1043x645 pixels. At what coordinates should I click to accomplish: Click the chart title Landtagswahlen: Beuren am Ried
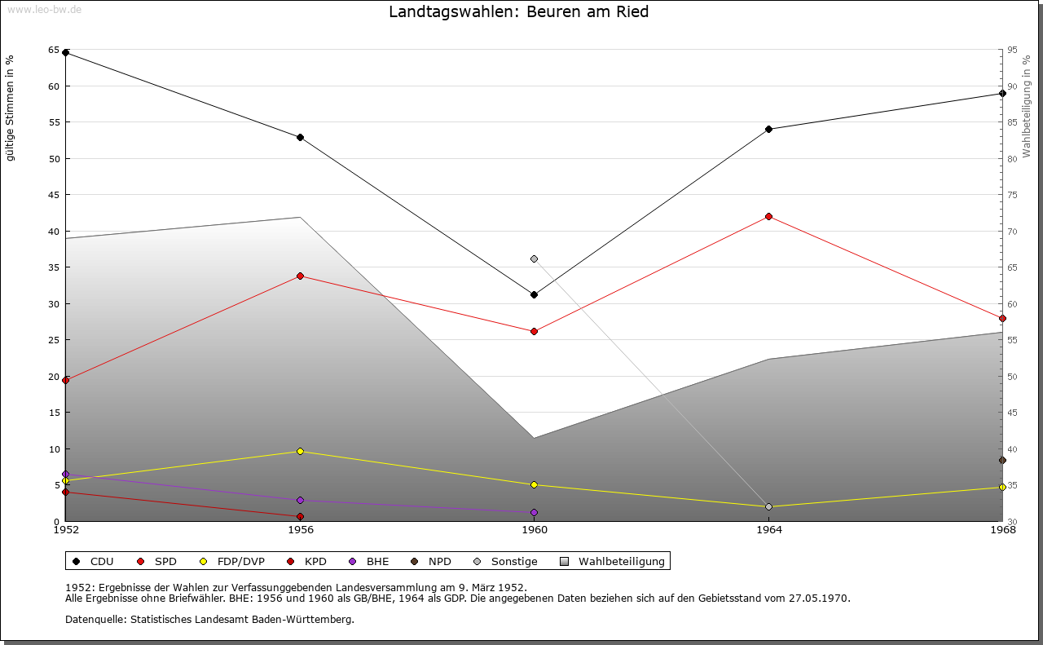pos(518,12)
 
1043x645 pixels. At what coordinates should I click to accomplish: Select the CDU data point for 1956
pos(300,137)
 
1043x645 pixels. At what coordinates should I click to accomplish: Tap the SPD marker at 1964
pos(768,216)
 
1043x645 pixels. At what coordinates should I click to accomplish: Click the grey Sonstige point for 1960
pos(534,258)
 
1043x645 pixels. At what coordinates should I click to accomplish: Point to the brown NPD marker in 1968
pos(1002,460)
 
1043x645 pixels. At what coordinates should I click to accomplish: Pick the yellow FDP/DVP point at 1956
pos(300,451)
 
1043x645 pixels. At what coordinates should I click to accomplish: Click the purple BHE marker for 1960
pos(534,512)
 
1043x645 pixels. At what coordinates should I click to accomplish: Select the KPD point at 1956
pos(300,516)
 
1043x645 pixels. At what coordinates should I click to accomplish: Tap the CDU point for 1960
pos(534,294)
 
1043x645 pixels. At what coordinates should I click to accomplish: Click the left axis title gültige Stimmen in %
pos(11,108)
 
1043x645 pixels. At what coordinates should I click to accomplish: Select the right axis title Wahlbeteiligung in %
pos(1027,107)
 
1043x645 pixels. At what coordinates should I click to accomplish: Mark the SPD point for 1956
pos(300,276)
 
